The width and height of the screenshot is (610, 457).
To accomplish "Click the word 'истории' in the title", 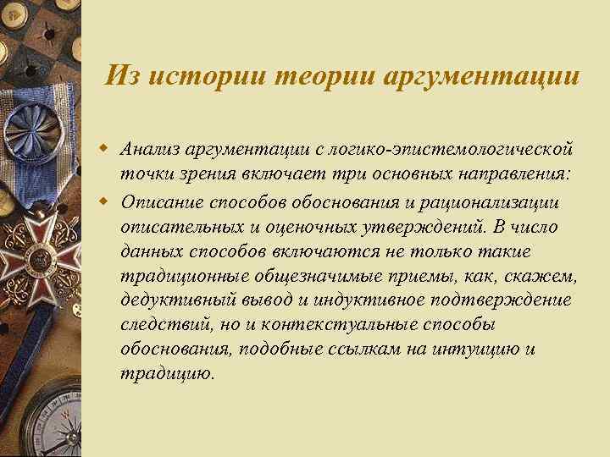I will click(191, 76).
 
